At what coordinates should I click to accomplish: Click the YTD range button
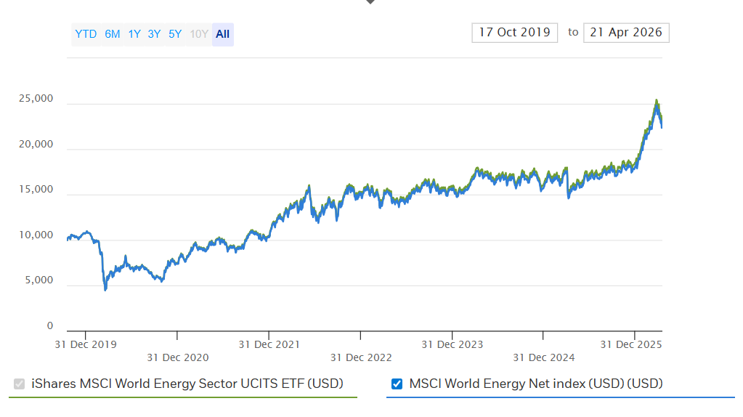click(x=86, y=34)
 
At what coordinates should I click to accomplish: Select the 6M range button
click(x=113, y=34)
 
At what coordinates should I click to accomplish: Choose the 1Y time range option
click(x=134, y=34)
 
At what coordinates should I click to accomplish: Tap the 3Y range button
click(x=154, y=34)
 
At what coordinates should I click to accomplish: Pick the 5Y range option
click(x=175, y=34)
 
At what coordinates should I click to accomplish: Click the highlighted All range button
click(x=222, y=34)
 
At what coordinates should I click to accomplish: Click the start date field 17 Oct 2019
click(x=514, y=33)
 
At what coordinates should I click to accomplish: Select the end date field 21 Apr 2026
click(x=626, y=33)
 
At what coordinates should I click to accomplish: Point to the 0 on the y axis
click(x=50, y=326)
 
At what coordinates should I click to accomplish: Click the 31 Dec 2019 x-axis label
click(x=86, y=344)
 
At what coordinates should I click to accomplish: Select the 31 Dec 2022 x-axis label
click(x=361, y=357)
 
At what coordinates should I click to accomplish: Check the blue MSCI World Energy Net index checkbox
click(x=397, y=384)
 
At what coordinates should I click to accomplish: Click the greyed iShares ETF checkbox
click(x=20, y=384)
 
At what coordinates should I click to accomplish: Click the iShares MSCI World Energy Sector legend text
click(x=187, y=384)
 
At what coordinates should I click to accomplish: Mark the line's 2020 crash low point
click(x=105, y=290)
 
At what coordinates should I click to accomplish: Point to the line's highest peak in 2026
click(x=657, y=102)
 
